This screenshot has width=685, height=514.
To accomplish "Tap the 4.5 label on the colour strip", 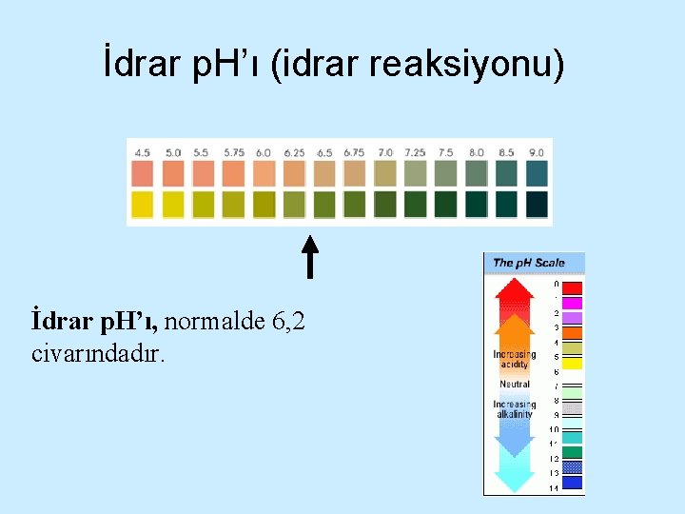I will pos(143,152).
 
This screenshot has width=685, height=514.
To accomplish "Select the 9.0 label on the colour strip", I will pos(537,152).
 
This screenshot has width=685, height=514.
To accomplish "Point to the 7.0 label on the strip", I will pos(385,152).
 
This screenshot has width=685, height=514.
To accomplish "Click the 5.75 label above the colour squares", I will pos(234,152).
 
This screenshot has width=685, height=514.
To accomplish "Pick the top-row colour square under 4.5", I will pos(143,173).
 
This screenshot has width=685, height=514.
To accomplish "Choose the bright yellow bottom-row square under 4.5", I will pos(143,204).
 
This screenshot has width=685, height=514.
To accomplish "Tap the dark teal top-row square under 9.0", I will pos(537,173).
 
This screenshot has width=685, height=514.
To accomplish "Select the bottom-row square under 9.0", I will pos(537,204).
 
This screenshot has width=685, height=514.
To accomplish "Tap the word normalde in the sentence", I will pos(216,322).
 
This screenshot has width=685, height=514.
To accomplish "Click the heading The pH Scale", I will pos(529,263).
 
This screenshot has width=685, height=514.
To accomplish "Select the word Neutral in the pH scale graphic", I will pos(515,385).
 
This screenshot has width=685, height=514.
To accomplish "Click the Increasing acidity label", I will pos(515,359).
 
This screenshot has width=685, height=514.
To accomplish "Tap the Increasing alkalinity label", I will pos(515,409).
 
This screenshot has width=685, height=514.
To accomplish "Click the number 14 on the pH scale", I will pos(555,487).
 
